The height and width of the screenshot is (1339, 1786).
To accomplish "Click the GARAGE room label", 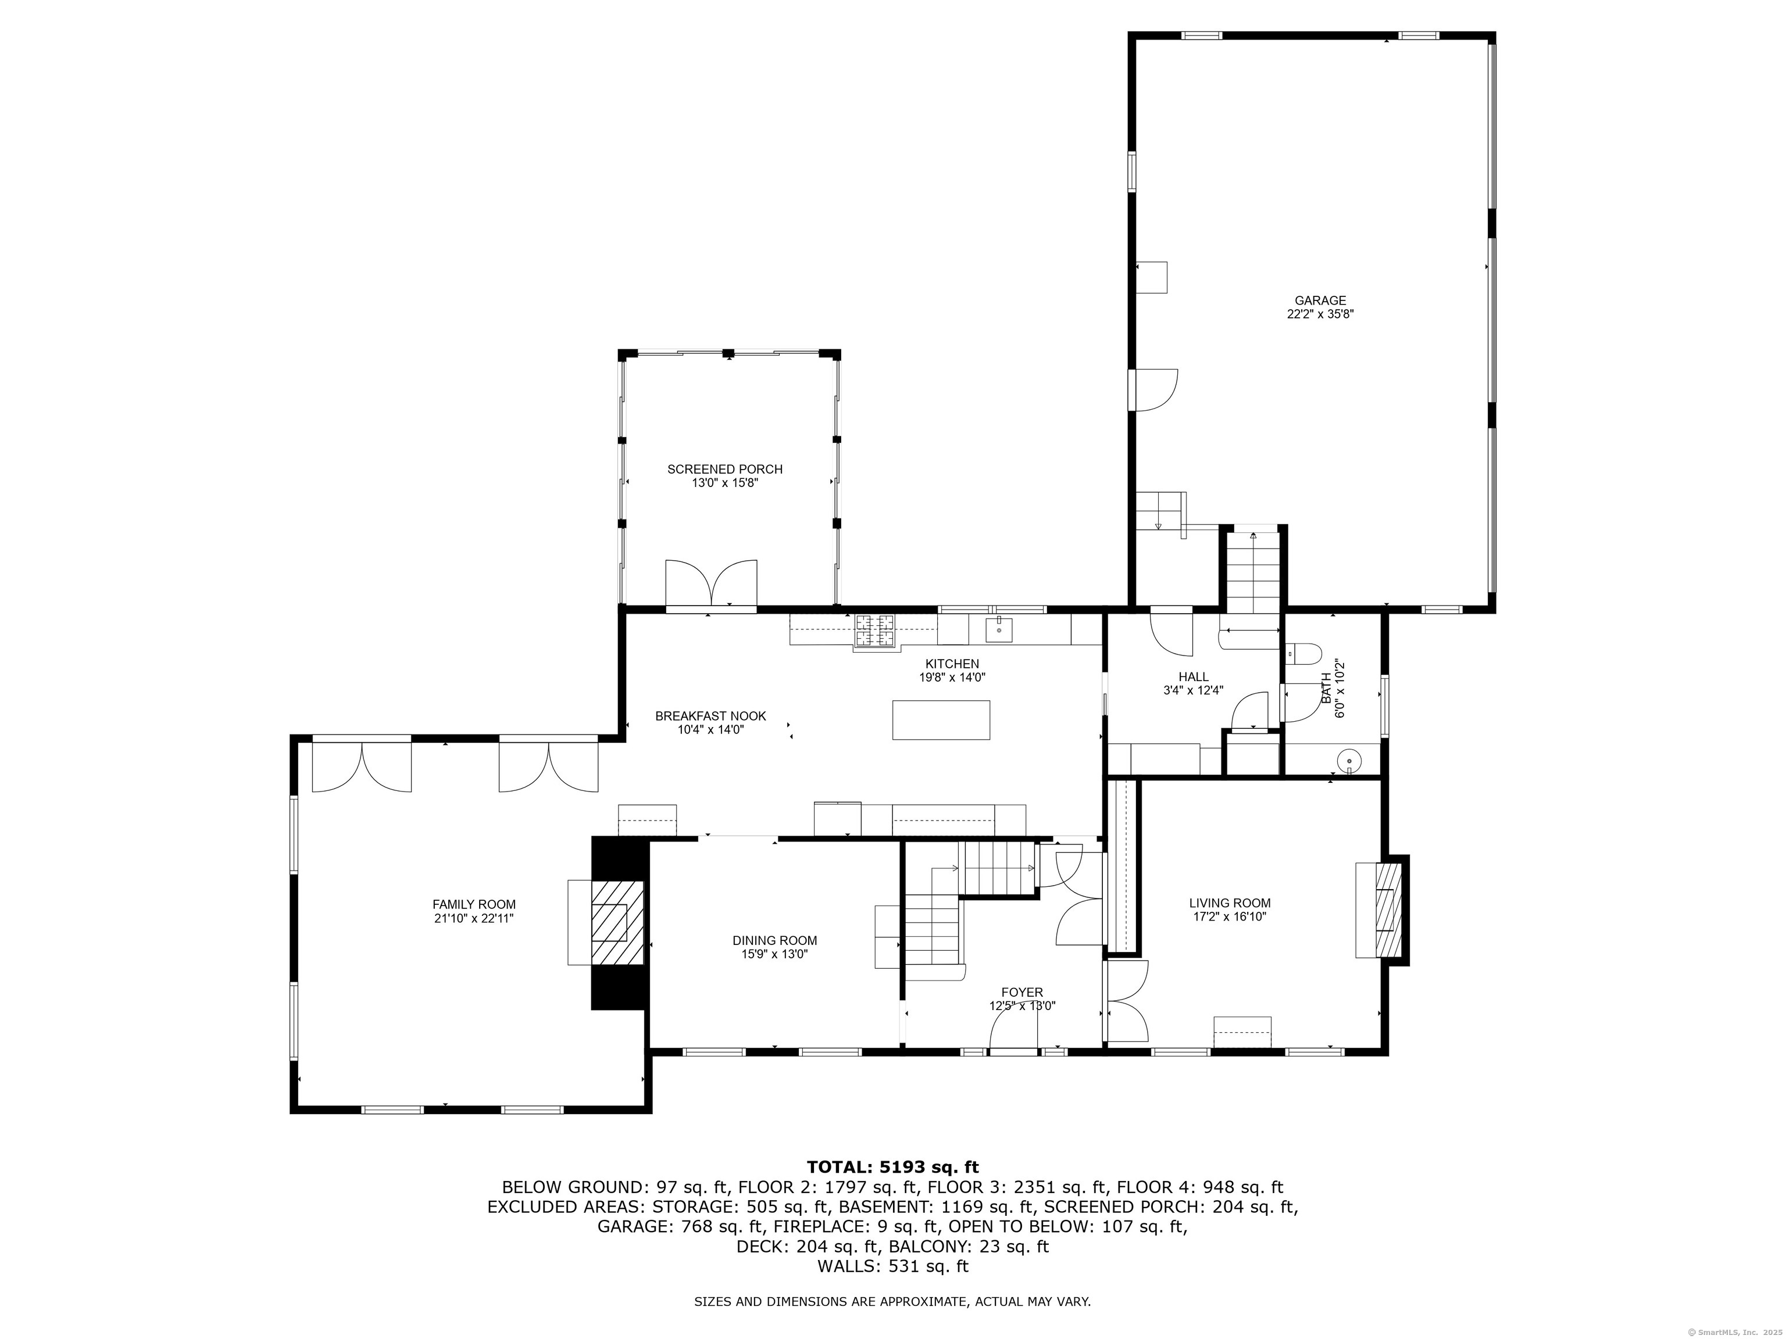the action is pos(1320,301).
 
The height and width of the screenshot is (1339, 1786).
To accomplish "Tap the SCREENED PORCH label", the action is pos(725,469).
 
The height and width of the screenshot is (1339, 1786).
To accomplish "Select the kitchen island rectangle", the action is pos(941,720).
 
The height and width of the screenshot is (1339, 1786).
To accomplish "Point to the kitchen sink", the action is pos(999,629).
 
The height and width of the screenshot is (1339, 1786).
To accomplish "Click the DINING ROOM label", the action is pos(775,940).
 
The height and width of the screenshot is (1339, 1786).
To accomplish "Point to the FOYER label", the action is pos(1022,993).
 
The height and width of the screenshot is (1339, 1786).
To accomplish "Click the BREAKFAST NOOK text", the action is pos(710,716).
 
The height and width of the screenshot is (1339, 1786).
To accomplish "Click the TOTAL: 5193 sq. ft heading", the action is pos(892,1167).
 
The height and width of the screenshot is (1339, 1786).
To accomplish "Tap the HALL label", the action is pos(1194,677).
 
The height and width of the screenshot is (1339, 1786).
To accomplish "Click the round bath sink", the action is pos(1348,761).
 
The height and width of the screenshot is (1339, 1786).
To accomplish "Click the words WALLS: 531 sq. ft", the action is pos(892,1266).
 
